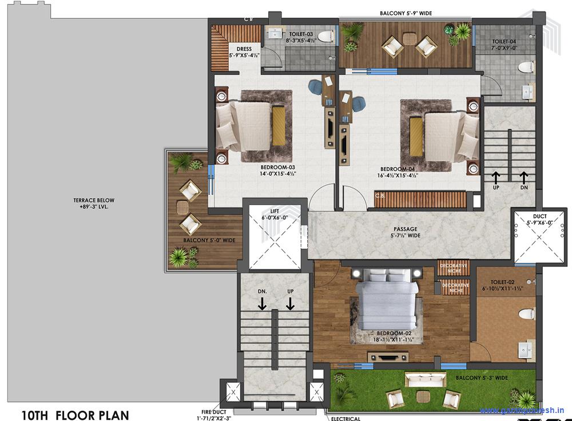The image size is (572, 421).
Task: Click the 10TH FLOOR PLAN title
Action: click(x=75, y=415)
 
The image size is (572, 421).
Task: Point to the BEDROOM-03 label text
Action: click(x=278, y=170)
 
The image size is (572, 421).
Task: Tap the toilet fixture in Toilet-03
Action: click(x=325, y=37)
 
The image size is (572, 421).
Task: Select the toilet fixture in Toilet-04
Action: click(x=525, y=67)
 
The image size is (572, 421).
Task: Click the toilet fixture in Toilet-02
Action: click(x=525, y=313)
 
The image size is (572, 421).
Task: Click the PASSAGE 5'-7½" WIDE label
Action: click(x=404, y=232)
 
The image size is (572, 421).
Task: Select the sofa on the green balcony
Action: click(x=425, y=379)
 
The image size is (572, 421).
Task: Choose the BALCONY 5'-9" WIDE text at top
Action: click(x=406, y=13)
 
